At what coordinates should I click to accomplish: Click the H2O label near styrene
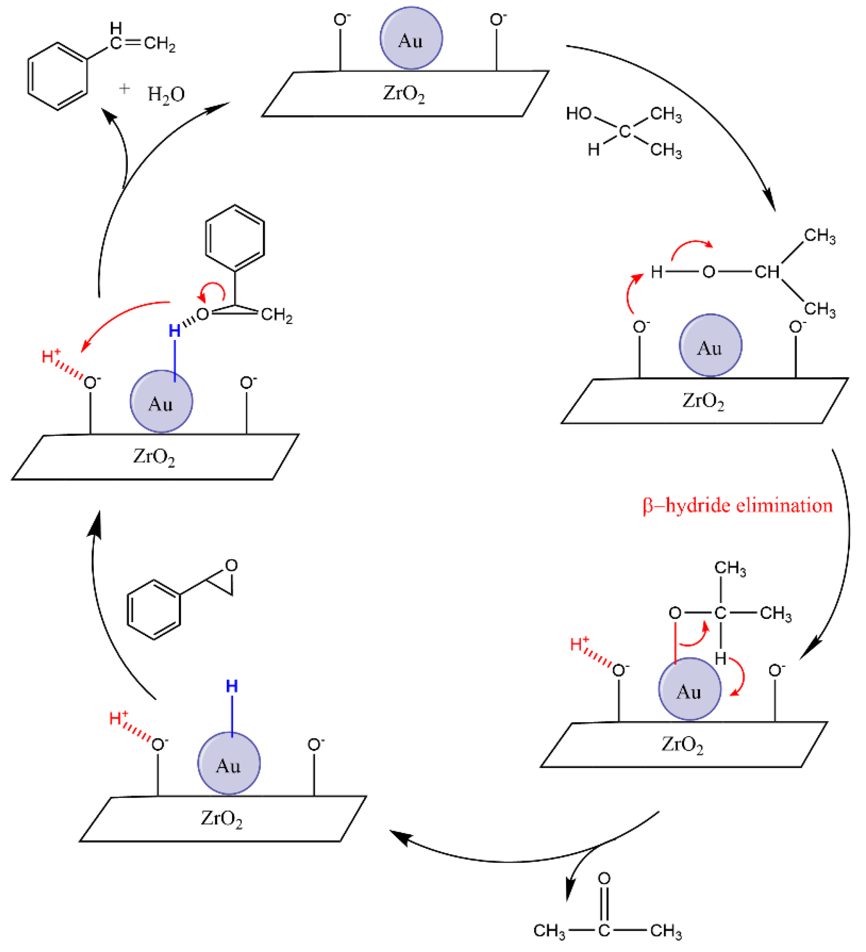point(166,95)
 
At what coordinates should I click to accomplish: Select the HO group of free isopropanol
point(579,113)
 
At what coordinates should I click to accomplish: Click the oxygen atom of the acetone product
point(604,878)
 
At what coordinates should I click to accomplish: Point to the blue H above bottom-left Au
point(232,686)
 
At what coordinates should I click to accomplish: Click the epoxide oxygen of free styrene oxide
point(232,565)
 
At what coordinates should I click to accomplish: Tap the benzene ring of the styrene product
point(58,77)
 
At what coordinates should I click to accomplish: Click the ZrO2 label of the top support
point(404,93)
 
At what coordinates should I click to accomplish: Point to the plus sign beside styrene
point(124,88)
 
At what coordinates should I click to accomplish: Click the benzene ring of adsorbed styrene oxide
point(235,238)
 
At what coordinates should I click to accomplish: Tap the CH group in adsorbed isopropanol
point(766,272)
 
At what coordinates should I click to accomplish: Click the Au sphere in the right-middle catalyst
point(710,346)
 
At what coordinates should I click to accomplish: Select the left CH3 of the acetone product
point(549,931)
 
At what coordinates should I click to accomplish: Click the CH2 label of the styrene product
point(160,43)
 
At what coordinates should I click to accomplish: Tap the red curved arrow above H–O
point(691,247)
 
